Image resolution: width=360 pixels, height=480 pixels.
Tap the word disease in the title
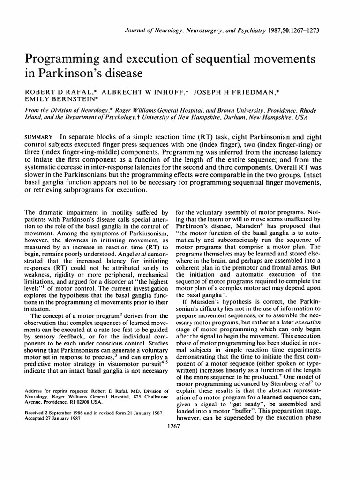121,74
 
